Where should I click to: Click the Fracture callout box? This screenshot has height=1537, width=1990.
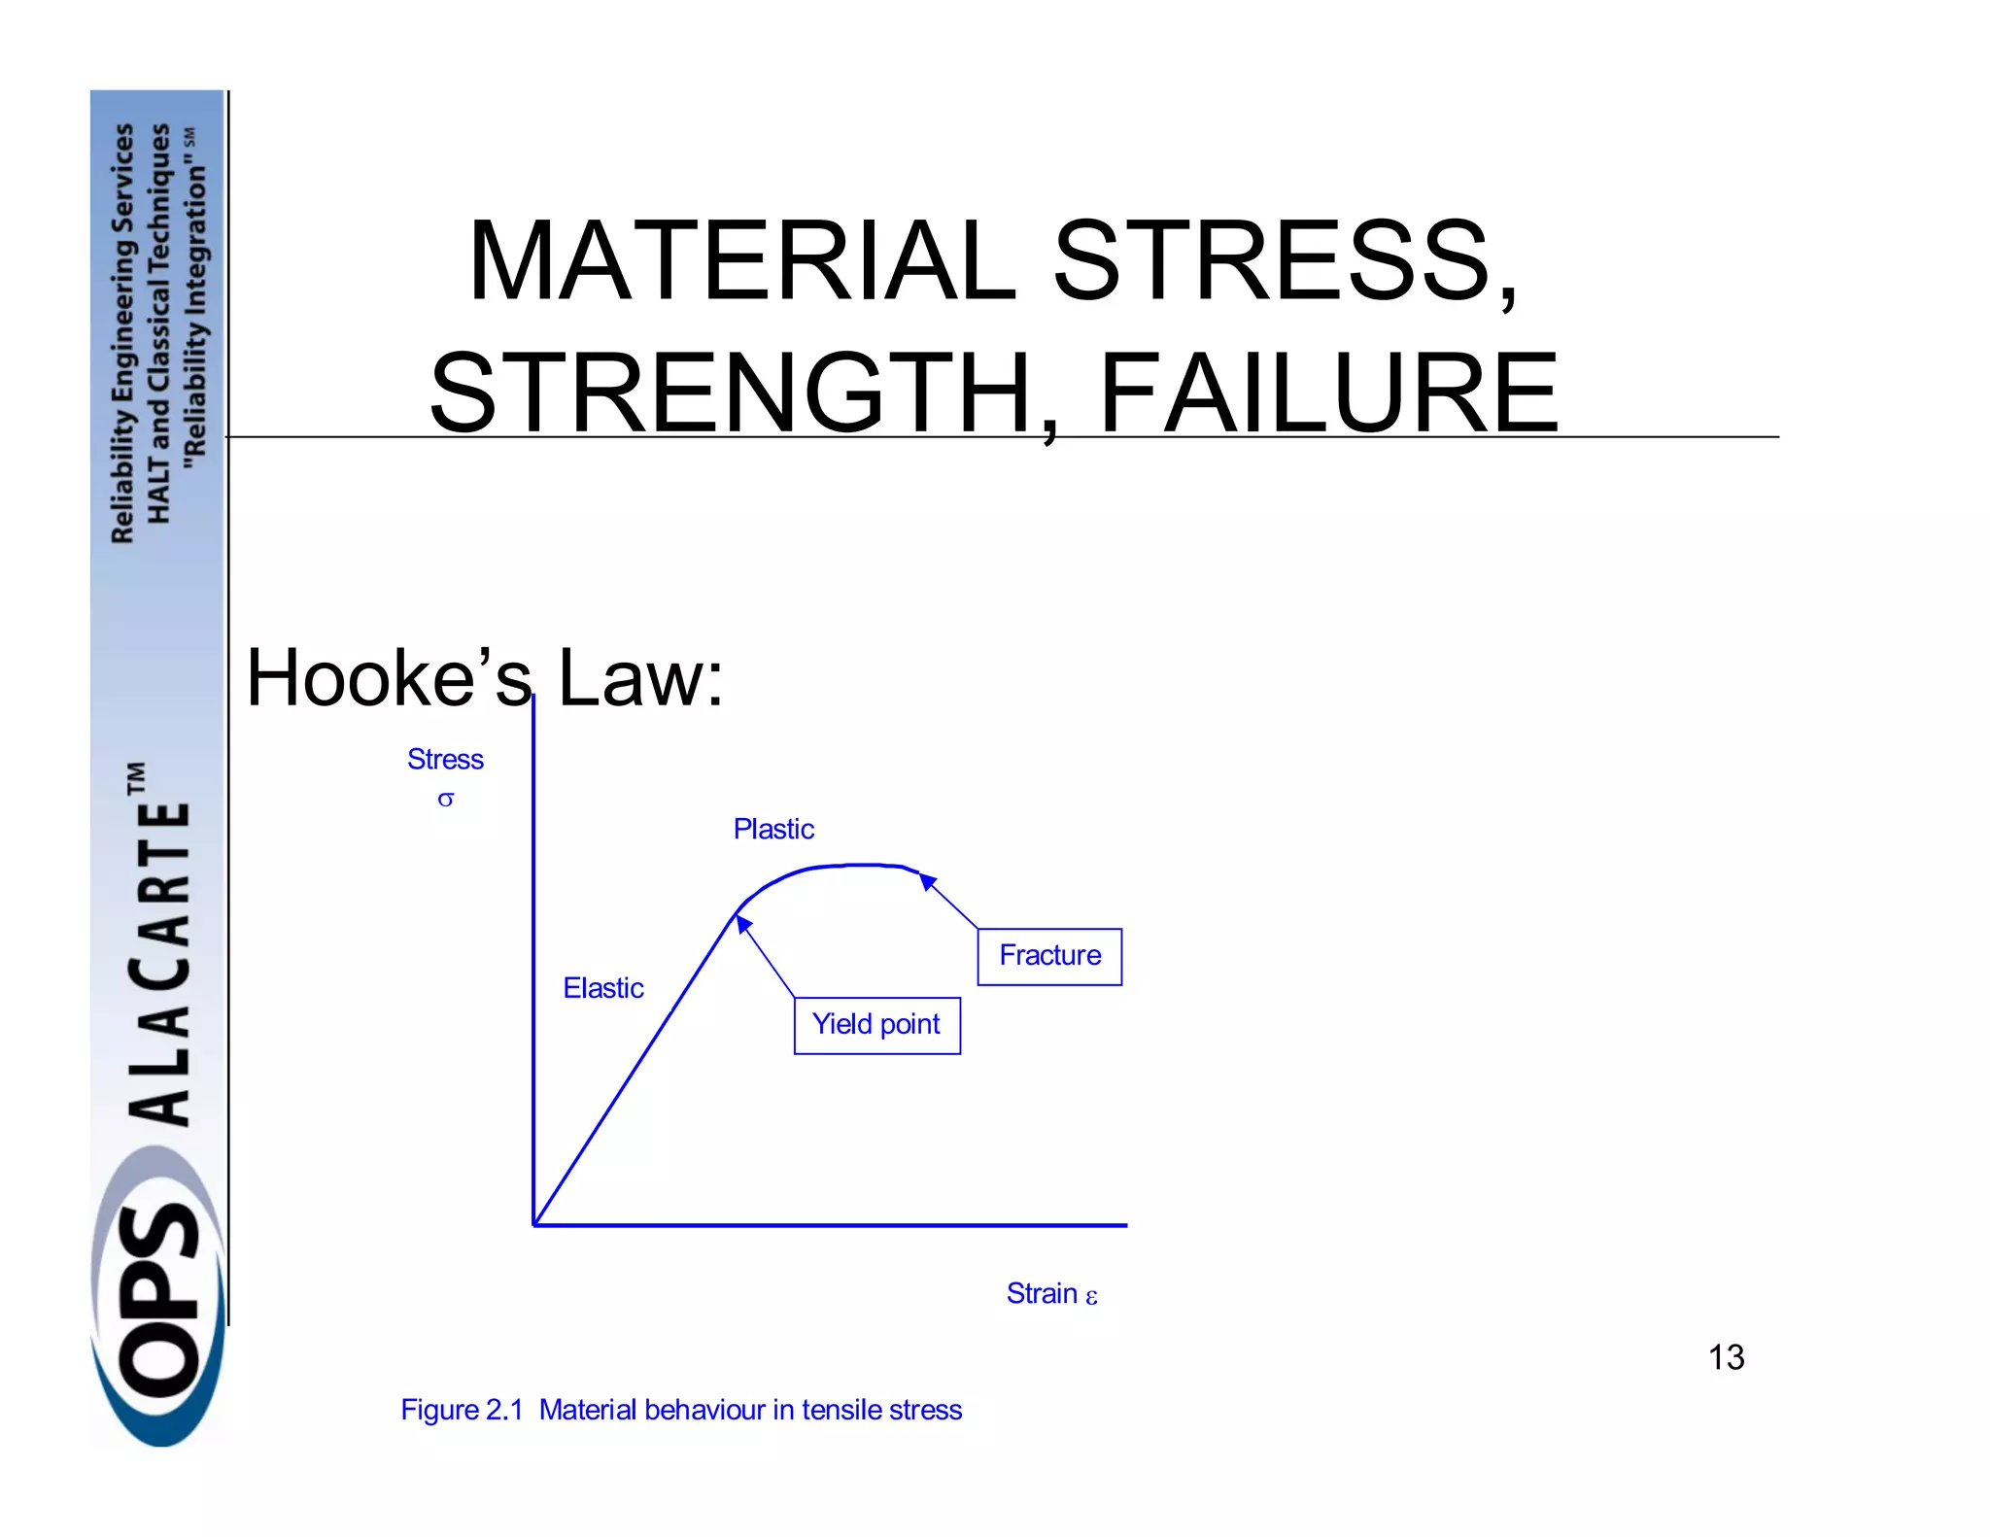(x=1049, y=956)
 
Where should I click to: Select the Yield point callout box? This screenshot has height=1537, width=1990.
(x=876, y=1025)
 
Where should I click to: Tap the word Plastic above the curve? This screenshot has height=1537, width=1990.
(x=773, y=829)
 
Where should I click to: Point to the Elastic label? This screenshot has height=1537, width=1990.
(x=603, y=988)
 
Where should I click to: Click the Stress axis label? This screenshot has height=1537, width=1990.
(x=445, y=759)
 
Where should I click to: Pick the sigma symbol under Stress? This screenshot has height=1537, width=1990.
(x=445, y=800)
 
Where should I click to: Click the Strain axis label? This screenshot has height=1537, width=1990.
(x=1042, y=1293)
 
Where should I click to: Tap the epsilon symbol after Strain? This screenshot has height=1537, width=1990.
(x=1092, y=1297)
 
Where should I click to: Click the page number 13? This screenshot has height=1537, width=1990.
(x=1726, y=1357)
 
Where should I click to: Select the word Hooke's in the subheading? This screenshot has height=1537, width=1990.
(x=389, y=677)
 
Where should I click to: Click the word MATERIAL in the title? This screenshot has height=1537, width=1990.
(x=742, y=260)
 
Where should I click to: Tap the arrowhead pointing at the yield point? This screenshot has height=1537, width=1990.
(x=743, y=923)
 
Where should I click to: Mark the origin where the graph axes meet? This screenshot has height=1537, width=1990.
(x=534, y=1224)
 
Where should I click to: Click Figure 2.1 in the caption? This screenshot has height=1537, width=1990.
(x=462, y=1410)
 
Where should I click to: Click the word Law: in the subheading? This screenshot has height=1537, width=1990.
(x=640, y=677)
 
